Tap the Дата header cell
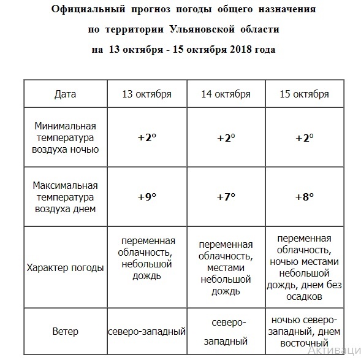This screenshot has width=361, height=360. [65, 94]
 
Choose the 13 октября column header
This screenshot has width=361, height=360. [147, 94]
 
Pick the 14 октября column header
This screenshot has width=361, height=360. [226, 94]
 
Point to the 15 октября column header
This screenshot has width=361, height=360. [304, 94]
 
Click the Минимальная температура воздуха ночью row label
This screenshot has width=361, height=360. [65, 137]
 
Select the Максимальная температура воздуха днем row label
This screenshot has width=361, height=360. [65, 197]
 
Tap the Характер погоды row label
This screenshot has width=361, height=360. [65, 267]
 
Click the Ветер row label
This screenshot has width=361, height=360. [65, 332]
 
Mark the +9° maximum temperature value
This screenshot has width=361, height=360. [147, 197]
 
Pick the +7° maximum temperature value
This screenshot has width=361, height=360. [226, 197]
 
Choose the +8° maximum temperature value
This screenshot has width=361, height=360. [304, 197]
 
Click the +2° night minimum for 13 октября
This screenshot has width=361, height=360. [147, 137]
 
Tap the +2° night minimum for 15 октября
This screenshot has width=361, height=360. [304, 137]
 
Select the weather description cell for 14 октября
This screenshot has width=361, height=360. [226, 267]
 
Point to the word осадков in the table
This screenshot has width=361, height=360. [304, 297]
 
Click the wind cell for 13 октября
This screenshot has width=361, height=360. [147, 332]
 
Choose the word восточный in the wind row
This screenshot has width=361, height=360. [304, 342]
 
